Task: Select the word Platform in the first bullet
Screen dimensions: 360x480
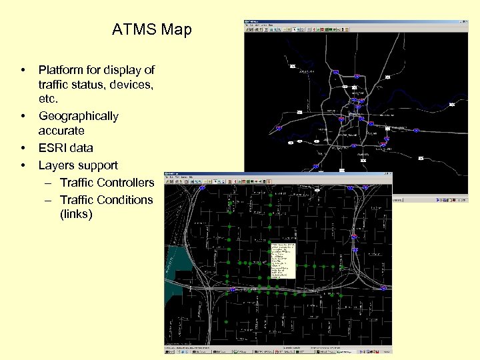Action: tap(63, 70)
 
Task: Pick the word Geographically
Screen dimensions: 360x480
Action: tap(78, 116)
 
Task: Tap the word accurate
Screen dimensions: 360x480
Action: tap(61, 131)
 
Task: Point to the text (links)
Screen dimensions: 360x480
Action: tap(75, 215)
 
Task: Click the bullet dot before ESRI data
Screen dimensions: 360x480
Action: tap(23, 148)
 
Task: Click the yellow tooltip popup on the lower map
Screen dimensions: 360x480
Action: tap(282, 260)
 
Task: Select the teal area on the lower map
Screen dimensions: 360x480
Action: tap(175, 263)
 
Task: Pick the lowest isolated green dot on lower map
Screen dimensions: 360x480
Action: tap(227, 323)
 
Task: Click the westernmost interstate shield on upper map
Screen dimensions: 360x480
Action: tap(279, 127)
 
